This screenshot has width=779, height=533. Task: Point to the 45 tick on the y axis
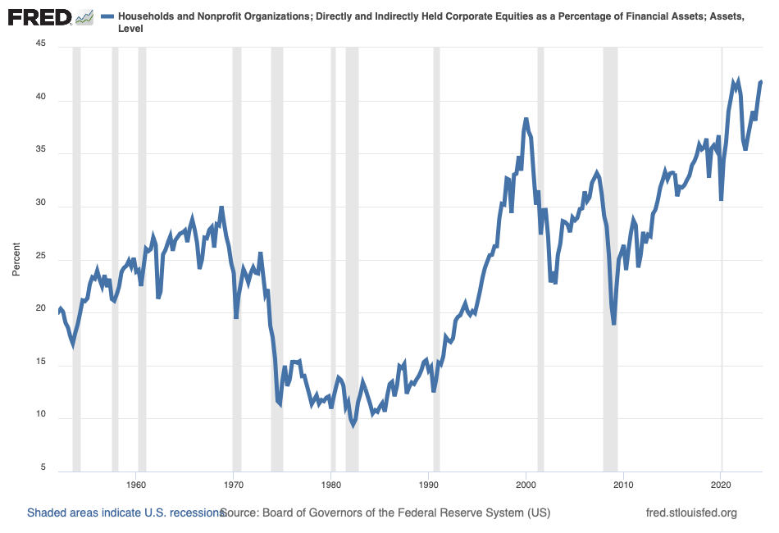point(41,47)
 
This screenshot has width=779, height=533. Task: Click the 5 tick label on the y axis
point(43,468)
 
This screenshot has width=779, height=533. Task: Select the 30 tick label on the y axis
point(41,205)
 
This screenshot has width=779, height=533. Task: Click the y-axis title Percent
point(16,258)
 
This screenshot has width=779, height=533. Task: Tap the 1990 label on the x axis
point(429,485)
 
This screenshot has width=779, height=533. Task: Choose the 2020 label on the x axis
point(721,485)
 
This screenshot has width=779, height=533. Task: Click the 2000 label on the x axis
point(526,485)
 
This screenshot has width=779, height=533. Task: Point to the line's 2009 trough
point(613,324)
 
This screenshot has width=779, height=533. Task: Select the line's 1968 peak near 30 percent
point(221,208)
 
